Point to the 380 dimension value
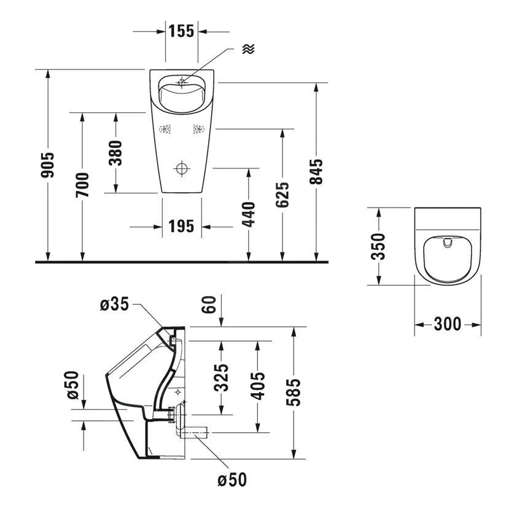[x=115, y=153]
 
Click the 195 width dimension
[x=181, y=227]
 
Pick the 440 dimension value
[x=249, y=214]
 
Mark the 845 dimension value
[x=316, y=172]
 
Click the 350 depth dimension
[x=378, y=246]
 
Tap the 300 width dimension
[x=447, y=324]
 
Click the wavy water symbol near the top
[x=248, y=49]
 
